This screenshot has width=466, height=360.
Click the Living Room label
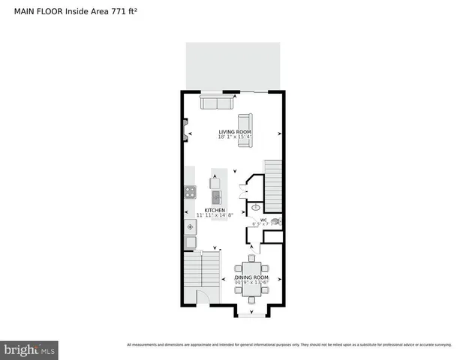point(234,132)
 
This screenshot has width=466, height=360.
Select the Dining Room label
point(251,278)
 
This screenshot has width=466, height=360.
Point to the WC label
point(263,220)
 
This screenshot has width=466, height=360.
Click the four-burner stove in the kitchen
point(190,192)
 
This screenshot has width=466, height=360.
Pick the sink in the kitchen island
point(216,197)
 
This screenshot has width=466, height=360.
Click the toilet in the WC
point(275,221)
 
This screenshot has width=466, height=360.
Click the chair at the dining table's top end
point(251,259)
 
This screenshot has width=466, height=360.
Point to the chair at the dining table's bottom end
point(251,299)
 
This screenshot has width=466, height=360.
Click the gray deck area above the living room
point(233,66)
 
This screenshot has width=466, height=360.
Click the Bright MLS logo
point(29,349)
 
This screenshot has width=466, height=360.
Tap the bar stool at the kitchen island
point(215,182)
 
